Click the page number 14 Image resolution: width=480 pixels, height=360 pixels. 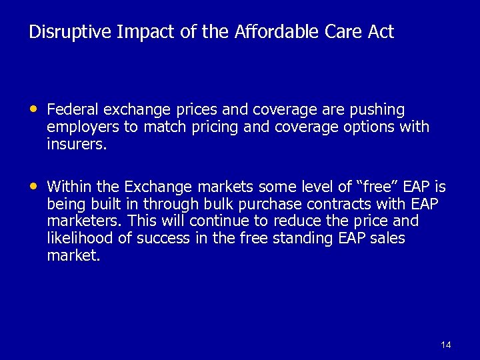click(446, 345)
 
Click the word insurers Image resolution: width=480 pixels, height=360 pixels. click(77, 144)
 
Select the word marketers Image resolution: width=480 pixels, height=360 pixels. click(83, 221)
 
